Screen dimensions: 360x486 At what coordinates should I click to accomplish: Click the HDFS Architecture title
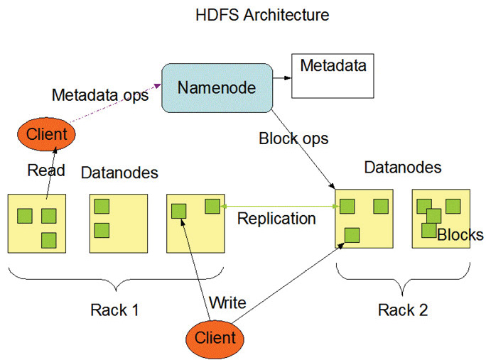[x=262, y=14]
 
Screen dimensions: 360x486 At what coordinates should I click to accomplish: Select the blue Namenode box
[x=216, y=88]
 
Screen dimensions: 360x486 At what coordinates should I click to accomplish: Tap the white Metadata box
[x=333, y=77]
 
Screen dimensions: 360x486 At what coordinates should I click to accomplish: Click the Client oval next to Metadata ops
[x=46, y=133]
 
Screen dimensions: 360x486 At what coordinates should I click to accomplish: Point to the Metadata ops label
[x=100, y=95]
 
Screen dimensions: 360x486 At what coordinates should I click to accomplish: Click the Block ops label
[x=293, y=138]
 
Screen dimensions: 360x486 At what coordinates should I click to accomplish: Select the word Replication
[x=276, y=218]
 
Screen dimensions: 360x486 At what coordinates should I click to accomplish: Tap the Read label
[x=45, y=170]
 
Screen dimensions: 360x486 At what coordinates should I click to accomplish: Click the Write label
[x=227, y=303]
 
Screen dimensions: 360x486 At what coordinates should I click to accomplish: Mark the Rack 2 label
[x=404, y=310]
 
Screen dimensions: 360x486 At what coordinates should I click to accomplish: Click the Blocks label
[x=460, y=235]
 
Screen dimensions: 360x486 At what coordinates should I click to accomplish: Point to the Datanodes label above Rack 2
[x=402, y=168]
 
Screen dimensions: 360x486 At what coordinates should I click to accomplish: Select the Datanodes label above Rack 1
[x=119, y=173]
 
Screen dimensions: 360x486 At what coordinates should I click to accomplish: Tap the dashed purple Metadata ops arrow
[x=114, y=110]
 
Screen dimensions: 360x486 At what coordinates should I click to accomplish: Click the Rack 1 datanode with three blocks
[x=37, y=223]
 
